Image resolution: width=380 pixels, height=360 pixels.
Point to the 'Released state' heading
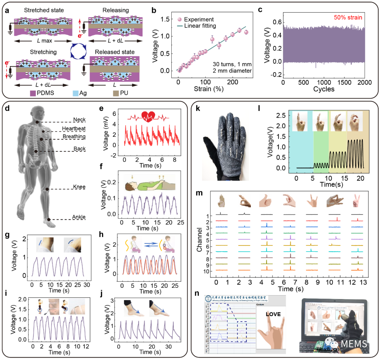[x=112, y=52]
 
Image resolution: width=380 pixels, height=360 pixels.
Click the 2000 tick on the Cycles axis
[x=365, y=82]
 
